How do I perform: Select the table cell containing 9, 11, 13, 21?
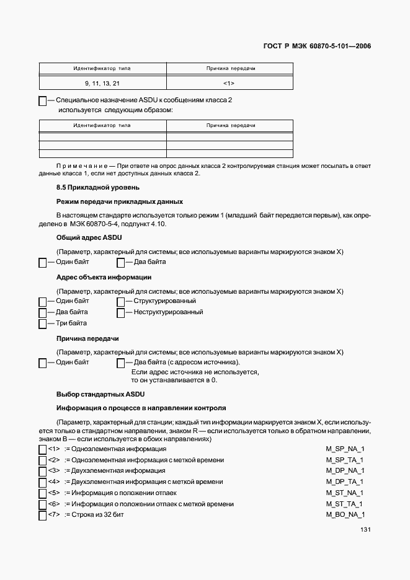click(102, 82)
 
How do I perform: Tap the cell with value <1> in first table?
click(228, 82)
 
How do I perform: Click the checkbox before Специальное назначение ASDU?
click(43, 100)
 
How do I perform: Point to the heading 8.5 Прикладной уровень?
click(97, 187)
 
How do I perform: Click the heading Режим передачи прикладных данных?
click(119, 201)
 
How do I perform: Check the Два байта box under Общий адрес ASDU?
click(120, 263)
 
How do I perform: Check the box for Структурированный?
click(120, 302)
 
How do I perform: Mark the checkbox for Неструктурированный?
click(120, 313)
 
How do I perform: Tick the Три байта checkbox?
click(43, 324)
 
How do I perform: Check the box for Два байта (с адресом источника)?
click(120, 363)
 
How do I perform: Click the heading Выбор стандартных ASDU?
click(100, 393)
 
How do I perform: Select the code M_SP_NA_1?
click(345, 449)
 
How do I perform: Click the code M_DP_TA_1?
click(344, 482)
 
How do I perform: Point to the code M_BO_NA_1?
click(345, 515)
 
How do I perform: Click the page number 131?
click(365, 530)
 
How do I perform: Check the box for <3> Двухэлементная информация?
click(43, 472)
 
